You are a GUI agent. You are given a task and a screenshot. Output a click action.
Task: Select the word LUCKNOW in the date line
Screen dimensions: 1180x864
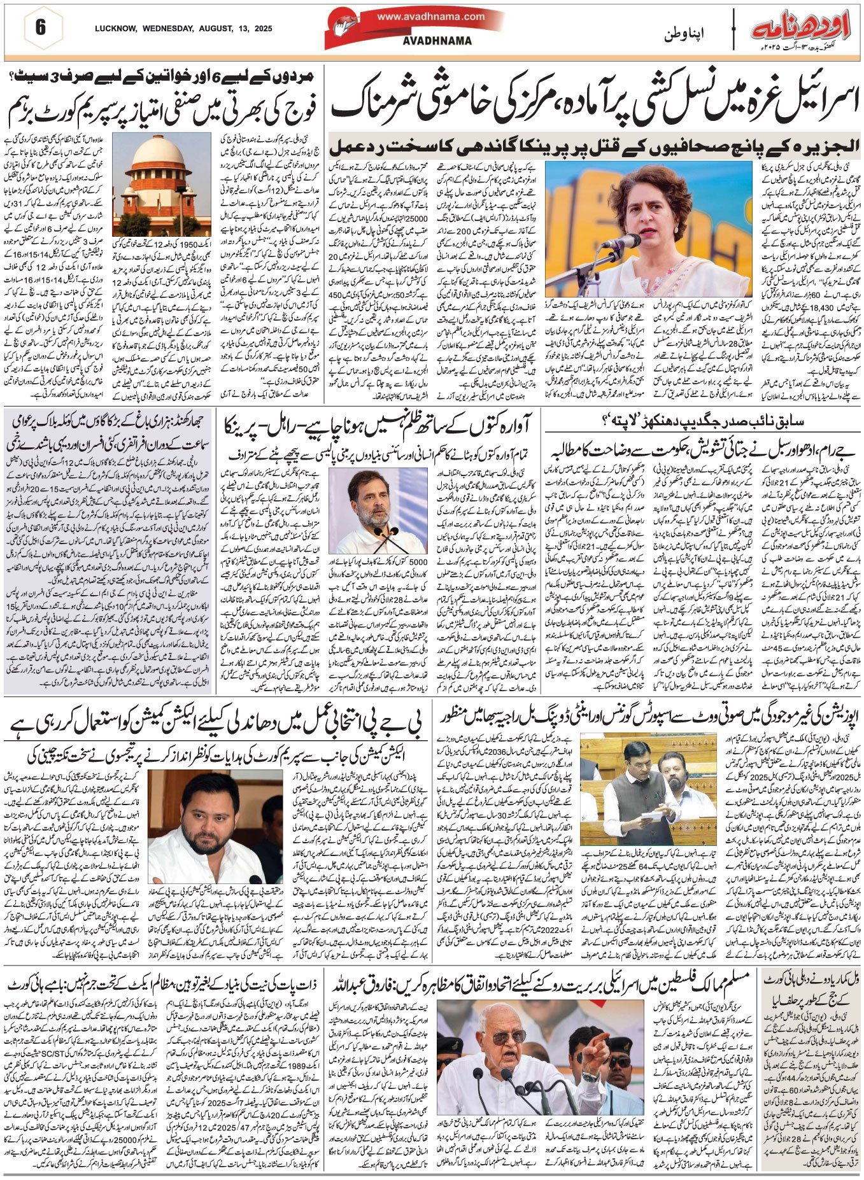[x=114, y=29]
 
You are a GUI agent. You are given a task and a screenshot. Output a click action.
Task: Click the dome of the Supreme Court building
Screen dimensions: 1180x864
[x=160, y=159]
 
